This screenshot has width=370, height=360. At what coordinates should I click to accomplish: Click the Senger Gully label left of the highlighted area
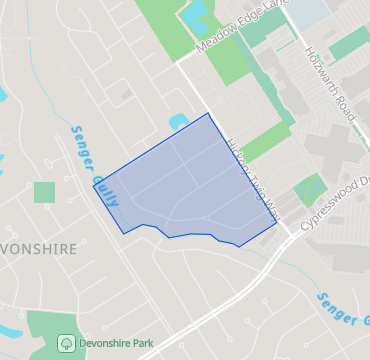point(94,166)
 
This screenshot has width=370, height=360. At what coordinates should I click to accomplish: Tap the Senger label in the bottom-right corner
point(341,306)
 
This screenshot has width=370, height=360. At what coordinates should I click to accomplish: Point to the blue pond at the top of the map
point(194,13)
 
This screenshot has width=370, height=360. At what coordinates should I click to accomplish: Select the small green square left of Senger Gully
point(44,192)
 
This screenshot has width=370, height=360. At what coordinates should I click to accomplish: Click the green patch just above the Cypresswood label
point(311,187)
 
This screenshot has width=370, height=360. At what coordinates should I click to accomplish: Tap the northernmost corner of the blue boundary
point(208,113)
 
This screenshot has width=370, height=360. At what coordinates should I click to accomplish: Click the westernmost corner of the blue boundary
point(94,186)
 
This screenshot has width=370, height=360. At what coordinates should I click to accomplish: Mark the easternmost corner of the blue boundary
point(277,225)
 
